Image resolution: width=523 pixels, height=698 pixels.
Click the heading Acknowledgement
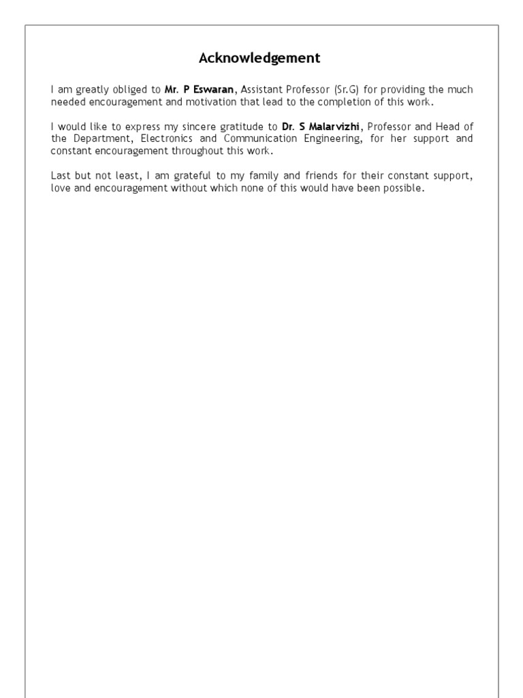[259, 59]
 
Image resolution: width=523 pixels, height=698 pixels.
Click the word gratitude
[246, 127]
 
